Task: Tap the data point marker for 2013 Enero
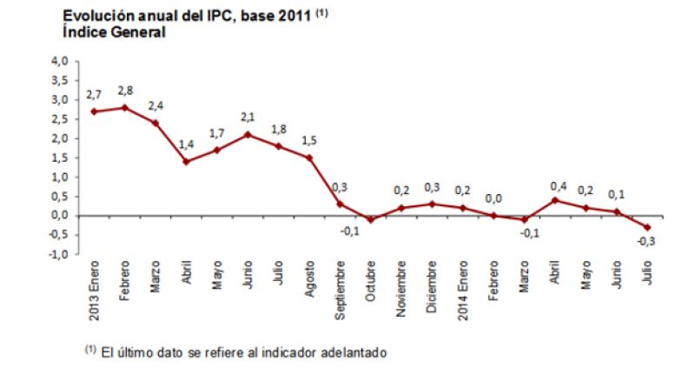92,111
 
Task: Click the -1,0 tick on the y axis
59,254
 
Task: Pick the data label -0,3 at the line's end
646,241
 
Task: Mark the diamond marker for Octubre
371,219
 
